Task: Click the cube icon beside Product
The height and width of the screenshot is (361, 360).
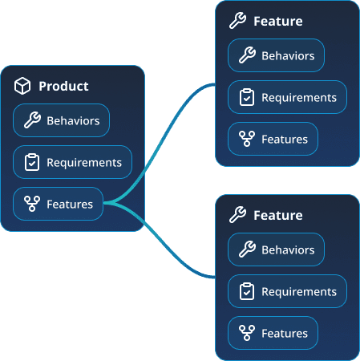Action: tap(22, 86)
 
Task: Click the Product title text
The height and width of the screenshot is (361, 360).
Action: tap(63, 86)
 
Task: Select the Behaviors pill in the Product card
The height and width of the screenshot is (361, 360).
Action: tap(62, 121)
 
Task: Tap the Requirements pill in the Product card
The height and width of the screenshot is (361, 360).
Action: tap(72, 163)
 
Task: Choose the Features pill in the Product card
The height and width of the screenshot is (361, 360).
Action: tap(59, 204)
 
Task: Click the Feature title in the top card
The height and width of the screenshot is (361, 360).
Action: tap(277, 22)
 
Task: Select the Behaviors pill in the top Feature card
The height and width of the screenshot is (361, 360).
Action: tap(277, 56)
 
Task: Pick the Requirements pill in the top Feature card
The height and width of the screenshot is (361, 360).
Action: tap(287, 98)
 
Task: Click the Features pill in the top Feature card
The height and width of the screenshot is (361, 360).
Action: tap(273, 140)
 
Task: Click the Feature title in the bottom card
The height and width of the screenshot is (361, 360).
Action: tap(277, 216)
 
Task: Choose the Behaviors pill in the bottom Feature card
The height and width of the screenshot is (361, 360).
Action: tap(277, 250)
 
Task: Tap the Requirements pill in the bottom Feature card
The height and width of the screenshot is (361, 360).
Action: tap(287, 292)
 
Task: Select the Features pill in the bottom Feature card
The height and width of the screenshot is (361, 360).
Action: tap(273, 333)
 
